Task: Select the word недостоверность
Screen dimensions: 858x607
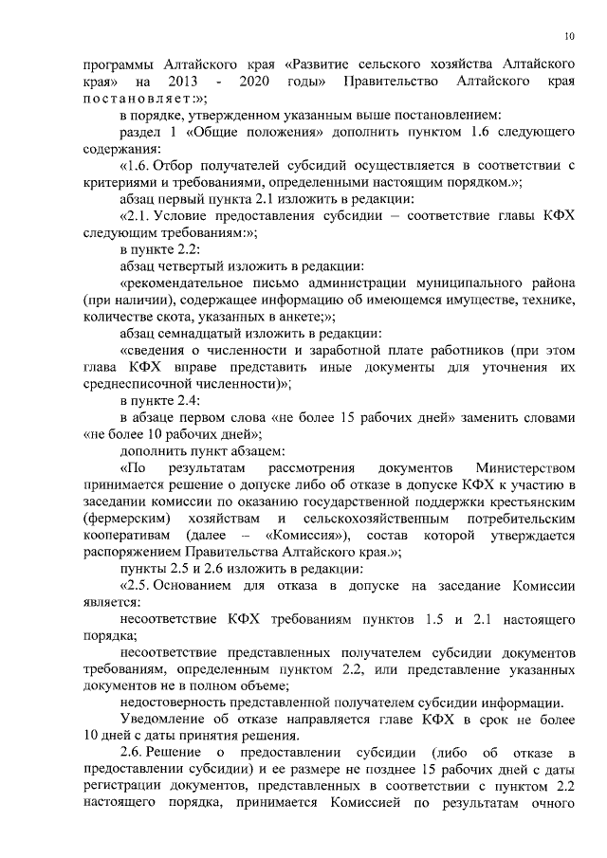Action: (x=176, y=703)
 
